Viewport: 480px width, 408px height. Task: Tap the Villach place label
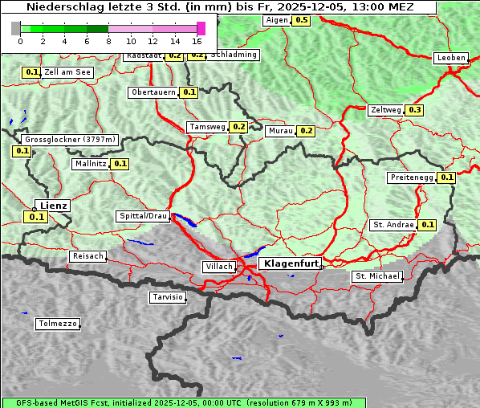[x=218, y=266]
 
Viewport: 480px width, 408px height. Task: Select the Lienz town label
[x=54, y=206]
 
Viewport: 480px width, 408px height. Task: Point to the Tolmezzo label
[x=58, y=324]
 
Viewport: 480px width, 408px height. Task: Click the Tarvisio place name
[x=168, y=297]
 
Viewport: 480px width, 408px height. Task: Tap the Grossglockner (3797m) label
[x=71, y=139]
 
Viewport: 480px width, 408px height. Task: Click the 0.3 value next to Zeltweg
[x=415, y=110]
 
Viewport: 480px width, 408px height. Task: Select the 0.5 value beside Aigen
[x=301, y=19]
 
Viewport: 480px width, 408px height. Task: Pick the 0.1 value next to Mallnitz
[x=120, y=164]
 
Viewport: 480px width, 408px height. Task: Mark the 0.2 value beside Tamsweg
[x=238, y=127]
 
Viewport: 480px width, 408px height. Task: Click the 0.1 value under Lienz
[x=36, y=217]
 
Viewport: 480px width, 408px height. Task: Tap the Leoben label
[x=451, y=58]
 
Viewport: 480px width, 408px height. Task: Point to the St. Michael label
[x=377, y=276]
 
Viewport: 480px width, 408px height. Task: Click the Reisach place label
[x=88, y=256]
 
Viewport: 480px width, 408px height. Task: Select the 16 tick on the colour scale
[x=197, y=41]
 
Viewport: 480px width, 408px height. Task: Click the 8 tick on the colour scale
[x=108, y=41]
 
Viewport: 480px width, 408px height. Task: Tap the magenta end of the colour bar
[x=201, y=28]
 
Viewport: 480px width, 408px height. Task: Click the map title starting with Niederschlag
[x=218, y=6]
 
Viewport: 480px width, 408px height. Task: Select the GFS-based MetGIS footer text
[x=183, y=402]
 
